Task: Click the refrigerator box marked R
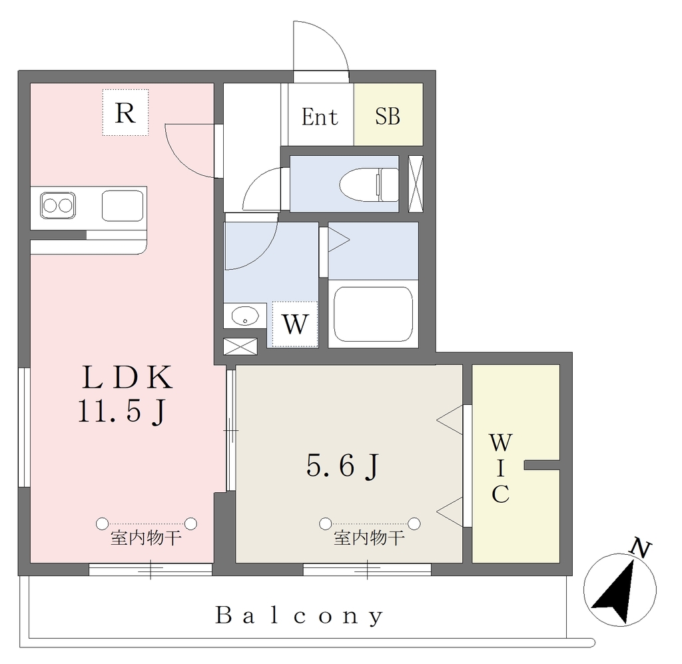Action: click(125, 113)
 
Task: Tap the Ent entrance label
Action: click(320, 117)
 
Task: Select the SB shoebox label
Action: click(388, 117)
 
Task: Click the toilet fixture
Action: click(369, 184)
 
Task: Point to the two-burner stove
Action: click(58, 205)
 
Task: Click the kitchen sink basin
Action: click(123, 206)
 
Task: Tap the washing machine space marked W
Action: click(295, 324)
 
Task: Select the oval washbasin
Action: click(245, 315)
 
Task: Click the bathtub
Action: click(373, 314)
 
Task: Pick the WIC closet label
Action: click(501, 468)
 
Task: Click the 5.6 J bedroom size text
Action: click(344, 466)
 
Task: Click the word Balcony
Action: click(300, 616)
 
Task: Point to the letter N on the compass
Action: click(641, 548)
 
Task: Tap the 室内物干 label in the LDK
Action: click(146, 538)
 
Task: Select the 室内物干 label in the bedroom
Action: click(369, 538)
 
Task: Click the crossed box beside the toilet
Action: click(416, 184)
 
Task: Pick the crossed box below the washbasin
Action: click(240, 346)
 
